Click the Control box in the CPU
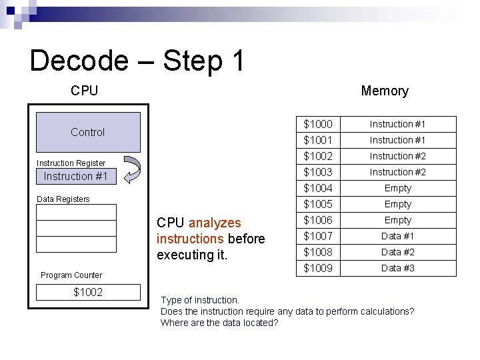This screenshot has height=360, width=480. pos(88,132)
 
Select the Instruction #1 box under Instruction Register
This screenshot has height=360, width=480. pos(76,177)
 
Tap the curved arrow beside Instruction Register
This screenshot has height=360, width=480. pos(132,169)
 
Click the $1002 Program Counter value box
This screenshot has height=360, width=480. pos(88,292)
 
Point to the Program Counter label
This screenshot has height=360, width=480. pos(71,275)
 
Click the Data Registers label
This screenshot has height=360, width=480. pos(63,199)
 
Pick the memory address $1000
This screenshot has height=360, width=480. pos(318,124)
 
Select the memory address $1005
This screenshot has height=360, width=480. pos(318,204)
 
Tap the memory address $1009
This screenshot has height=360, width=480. pos(318,268)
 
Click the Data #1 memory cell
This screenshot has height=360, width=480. pos(398,236)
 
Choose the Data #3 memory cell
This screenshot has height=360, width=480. pos(398,268)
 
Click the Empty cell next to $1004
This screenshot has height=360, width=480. pos(398,188)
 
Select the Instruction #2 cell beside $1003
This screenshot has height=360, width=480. pos(398,172)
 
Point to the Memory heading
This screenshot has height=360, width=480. pos(385,91)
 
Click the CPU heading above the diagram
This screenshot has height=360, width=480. pos(85,91)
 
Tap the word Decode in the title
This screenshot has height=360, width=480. pos(79,61)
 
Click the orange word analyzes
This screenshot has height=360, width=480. pos(215,223)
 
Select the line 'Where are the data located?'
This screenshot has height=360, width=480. pos(219,323)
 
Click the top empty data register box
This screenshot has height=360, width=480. pos(76,213)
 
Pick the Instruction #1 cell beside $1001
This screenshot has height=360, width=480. pos(398,140)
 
